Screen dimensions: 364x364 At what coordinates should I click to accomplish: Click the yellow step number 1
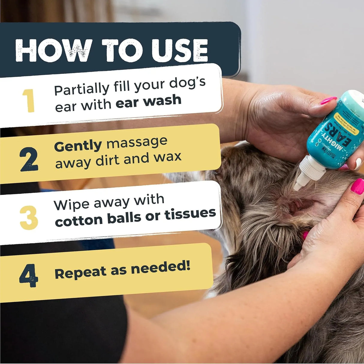(x=29, y=101)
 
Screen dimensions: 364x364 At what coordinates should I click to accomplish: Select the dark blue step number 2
(x=29, y=159)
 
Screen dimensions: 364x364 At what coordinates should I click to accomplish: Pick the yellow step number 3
(x=29, y=218)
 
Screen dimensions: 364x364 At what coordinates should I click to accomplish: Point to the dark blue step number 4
(x=28, y=276)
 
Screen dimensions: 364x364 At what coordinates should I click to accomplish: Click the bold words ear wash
(x=148, y=101)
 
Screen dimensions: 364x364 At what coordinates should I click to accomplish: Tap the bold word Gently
(x=78, y=146)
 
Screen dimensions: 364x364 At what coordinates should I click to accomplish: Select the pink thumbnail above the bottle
(x=328, y=100)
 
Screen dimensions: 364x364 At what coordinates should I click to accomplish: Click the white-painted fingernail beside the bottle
(x=358, y=163)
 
